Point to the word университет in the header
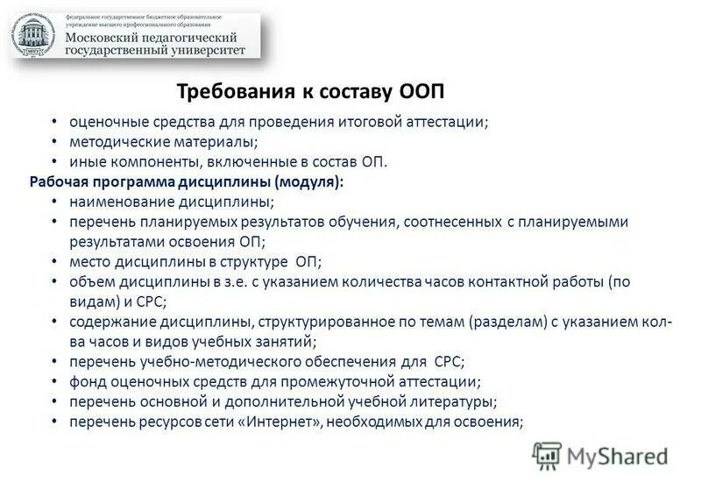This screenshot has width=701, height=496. pyautogui.click(x=215, y=50)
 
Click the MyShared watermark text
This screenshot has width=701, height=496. pyautogui.click(x=617, y=456)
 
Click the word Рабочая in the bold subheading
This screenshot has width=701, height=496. pyautogui.click(x=60, y=182)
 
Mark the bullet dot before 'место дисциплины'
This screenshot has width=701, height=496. pyautogui.click(x=54, y=262)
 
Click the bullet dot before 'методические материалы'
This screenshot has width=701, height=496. pyautogui.click(x=54, y=142)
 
